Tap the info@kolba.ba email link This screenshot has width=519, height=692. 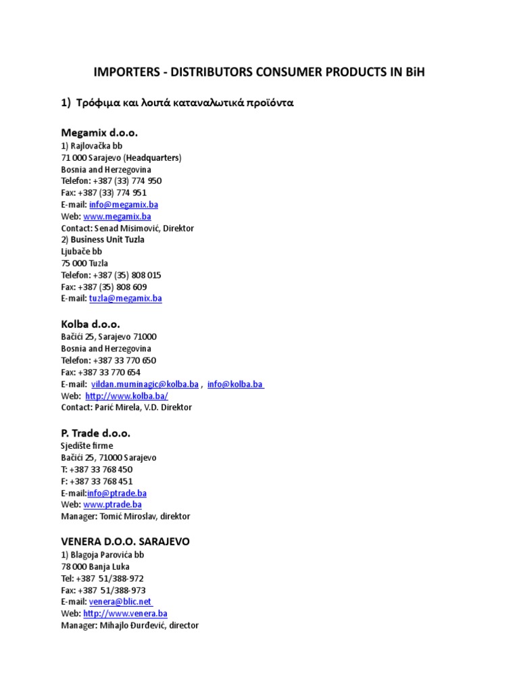(x=236, y=384)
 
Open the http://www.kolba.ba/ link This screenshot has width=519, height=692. (x=126, y=396)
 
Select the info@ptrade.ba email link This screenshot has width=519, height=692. (x=117, y=493)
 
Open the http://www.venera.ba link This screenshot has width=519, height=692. (x=125, y=614)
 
